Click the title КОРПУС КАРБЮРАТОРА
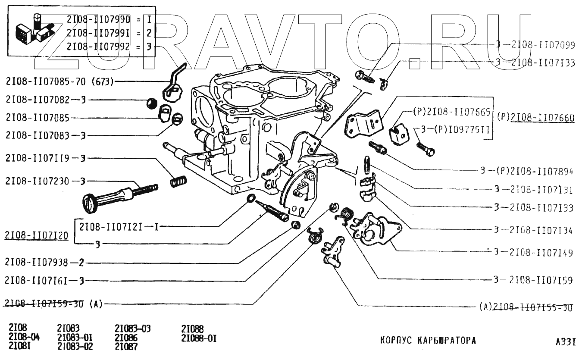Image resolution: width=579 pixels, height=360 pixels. (x=428, y=340)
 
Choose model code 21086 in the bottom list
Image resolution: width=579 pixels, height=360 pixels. (x=126, y=337)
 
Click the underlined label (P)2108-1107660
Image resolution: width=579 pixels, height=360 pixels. (x=535, y=117)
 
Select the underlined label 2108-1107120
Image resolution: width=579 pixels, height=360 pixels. (x=37, y=235)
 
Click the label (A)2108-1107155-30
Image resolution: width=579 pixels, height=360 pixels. (x=526, y=307)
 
